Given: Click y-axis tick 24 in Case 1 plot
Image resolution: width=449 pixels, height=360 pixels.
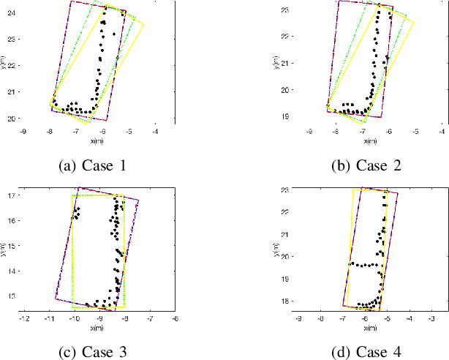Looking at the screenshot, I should (x=12, y=12).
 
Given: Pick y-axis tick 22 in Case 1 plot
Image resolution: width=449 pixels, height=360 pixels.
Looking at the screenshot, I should (x=12, y=65).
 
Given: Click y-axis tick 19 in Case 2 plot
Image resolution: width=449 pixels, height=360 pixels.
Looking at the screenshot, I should (x=287, y=116).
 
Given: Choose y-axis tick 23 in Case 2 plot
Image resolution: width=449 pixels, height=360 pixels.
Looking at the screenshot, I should (x=287, y=10).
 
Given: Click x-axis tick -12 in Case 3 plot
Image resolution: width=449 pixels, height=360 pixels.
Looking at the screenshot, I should (x=24, y=318).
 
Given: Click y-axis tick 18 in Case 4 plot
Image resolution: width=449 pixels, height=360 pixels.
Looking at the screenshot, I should (x=287, y=300).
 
